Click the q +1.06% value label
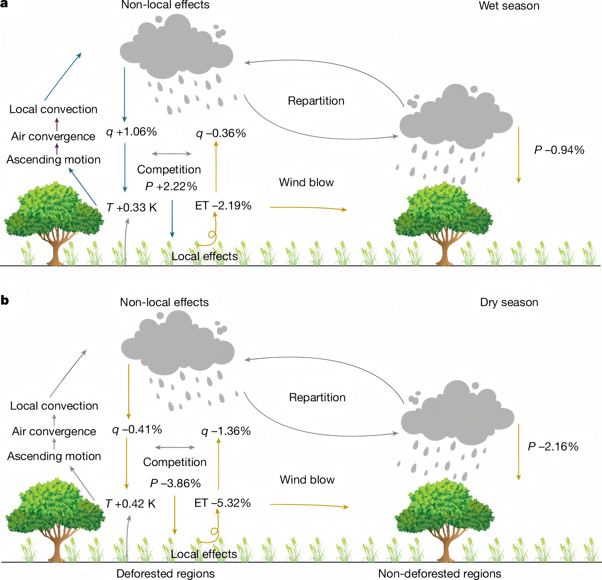coord(131,132)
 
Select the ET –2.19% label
coord(223,206)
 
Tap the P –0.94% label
coord(559,150)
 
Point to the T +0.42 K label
coord(130,504)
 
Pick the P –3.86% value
coord(175,483)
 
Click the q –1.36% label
coord(226,431)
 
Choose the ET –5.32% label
coord(223,503)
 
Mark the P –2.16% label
coord(553,447)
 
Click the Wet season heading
coord(509,6)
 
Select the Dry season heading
coord(509,302)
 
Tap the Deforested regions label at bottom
coord(165,573)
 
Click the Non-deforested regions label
coord(440,573)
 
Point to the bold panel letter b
coord(5,300)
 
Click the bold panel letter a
coord(4,4)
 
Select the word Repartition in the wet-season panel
coord(316,101)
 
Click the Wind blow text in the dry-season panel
coord(307,480)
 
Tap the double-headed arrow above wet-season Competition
coord(172,154)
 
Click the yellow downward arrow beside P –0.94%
coord(519,155)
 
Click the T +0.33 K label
coord(132,208)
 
